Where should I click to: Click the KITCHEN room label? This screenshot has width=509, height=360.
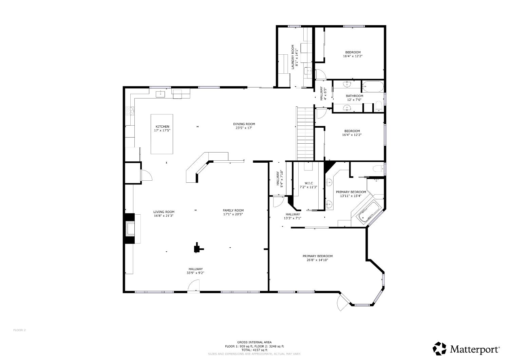tap(162, 127)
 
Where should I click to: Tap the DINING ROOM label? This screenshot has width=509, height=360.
tap(244, 124)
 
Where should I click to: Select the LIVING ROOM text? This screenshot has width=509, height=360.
tap(164, 212)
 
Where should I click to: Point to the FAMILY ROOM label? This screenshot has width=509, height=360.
tap(233, 210)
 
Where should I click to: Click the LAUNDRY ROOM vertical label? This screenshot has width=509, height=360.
tap(293, 57)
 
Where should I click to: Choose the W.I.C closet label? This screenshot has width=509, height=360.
tap(308, 183)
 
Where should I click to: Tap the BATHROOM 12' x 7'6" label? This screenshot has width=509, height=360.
tap(354, 96)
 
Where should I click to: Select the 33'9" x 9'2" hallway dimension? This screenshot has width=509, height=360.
tap(195, 273)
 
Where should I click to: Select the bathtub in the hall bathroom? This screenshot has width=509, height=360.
tap(373, 87)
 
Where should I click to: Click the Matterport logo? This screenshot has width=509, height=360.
tap(466, 348)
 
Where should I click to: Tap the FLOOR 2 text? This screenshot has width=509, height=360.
tap(19, 330)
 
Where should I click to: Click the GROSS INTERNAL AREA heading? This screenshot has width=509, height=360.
tap(254, 342)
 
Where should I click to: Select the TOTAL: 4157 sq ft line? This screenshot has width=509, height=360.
tap(254, 350)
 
